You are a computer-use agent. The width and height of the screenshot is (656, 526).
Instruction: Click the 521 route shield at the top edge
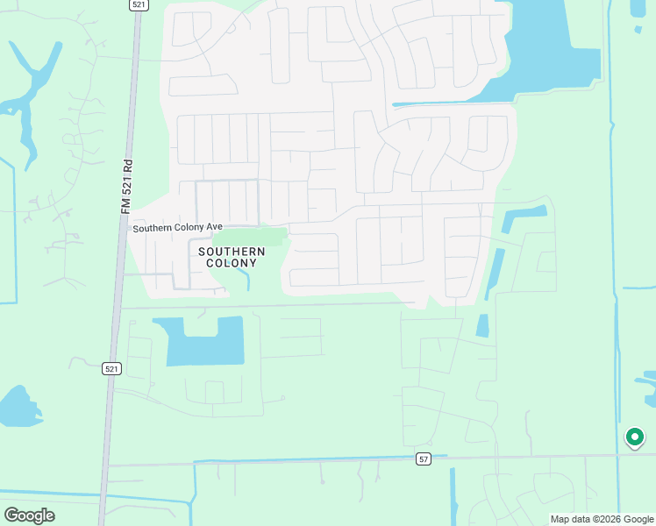tap(138, 4)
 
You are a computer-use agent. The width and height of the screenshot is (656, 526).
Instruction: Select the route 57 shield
tap(424, 459)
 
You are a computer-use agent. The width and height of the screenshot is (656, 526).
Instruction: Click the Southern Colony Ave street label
tap(177, 227)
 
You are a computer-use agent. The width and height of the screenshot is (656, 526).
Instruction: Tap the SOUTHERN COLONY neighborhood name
tap(232, 257)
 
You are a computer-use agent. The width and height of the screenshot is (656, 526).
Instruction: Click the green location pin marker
tap(634, 436)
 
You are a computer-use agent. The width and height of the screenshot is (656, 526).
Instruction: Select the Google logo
tap(29, 515)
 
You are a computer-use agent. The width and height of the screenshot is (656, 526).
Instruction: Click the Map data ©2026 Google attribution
tap(601, 519)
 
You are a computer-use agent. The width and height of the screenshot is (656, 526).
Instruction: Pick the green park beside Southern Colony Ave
tap(251, 237)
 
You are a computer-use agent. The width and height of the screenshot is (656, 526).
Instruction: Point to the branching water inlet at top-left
tap(31, 88)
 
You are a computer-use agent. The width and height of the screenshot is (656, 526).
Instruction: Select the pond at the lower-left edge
tap(18, 408)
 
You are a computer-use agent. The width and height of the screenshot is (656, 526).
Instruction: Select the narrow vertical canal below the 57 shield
tap(453, 495)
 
